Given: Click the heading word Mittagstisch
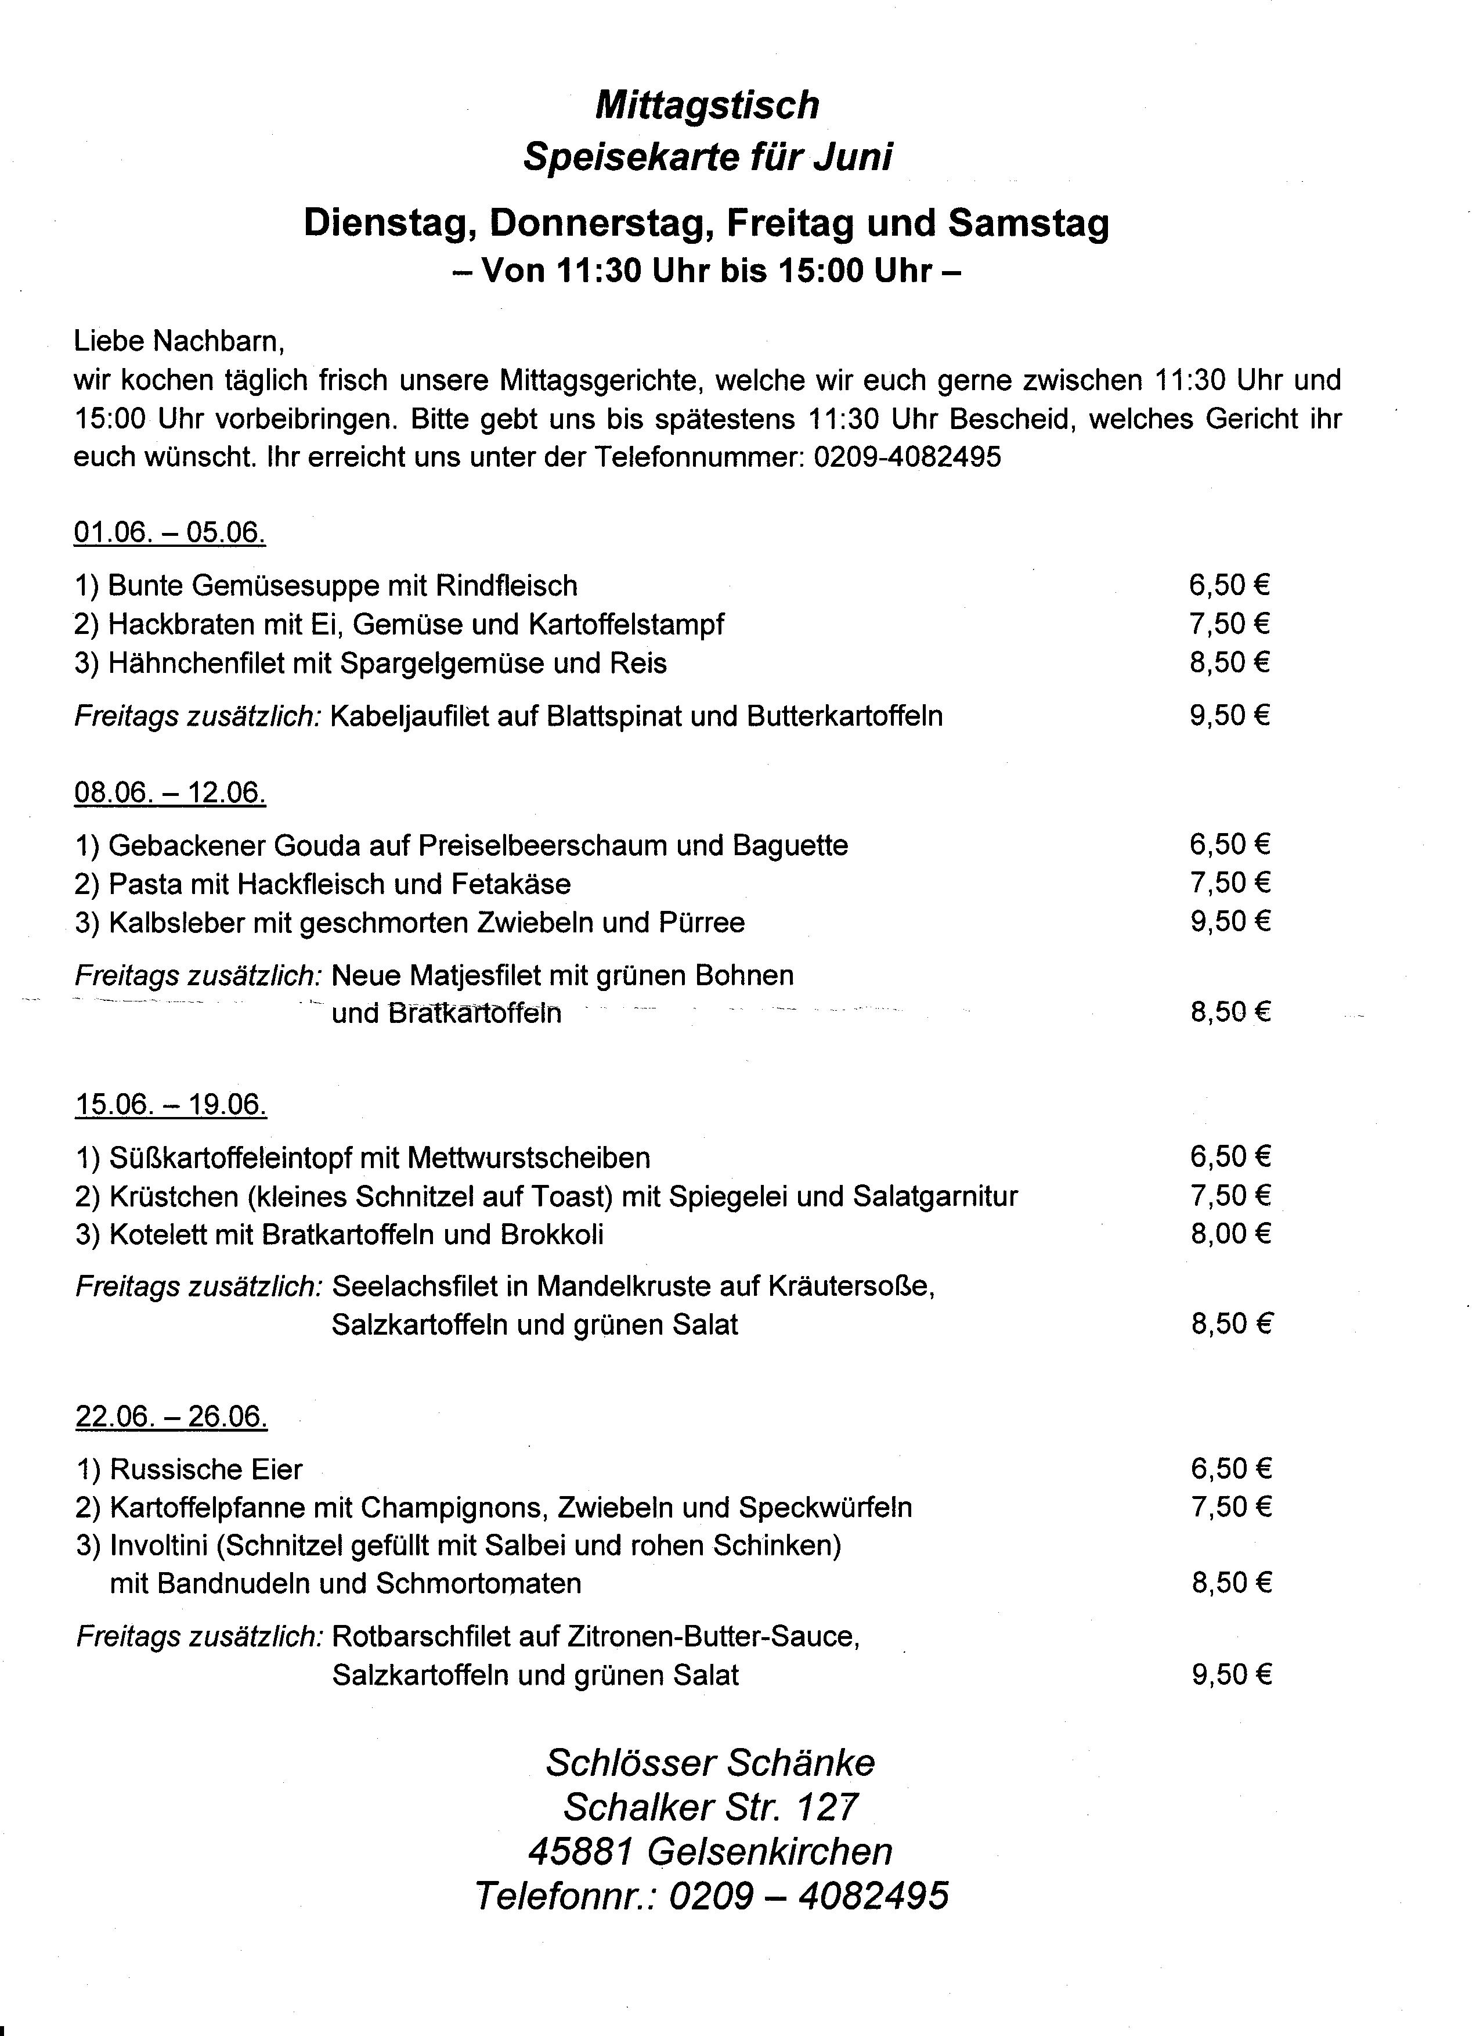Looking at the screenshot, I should (x=707, y=106).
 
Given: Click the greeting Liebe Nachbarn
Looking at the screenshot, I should (x=179, y=341).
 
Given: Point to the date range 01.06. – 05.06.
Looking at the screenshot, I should (x=169, y=533).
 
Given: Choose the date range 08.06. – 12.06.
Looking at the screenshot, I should (x=169, y=792).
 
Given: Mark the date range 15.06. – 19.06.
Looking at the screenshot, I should (x=171, y=1104).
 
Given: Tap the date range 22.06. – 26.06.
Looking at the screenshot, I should (x=171, y=1417).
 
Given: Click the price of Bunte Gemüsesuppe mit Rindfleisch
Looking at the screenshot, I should (x=1230, y=585).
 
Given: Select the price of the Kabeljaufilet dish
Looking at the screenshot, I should (x=1230, y=715).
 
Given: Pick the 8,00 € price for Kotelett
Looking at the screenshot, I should (x=1230, y=1234).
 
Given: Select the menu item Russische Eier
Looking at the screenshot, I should (x=205, y=1469).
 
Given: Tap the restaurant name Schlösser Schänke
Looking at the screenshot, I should (x=710, y=1763).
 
